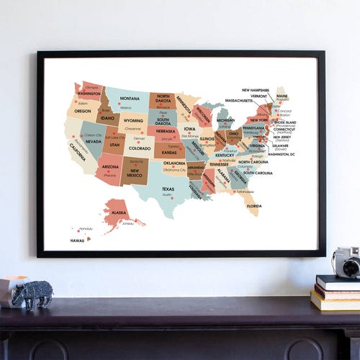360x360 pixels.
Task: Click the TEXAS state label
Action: (x=168, y=189)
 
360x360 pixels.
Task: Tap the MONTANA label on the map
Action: (x=130, y=99)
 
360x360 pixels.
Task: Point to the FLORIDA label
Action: (x=253, y=206)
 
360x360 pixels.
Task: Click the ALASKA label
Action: (x=119, y=213)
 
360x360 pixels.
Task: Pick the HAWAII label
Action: (x=77, y=240)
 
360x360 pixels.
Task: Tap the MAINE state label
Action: (x=282, y=96)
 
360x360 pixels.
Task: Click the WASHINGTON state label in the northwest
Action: (x=89, y=94)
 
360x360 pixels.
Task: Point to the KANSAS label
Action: (x=169, y=153)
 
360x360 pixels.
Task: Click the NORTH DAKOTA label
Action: (x=163, y=99)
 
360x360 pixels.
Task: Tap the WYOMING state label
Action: (x=133, y=121)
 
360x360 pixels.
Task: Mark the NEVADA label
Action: (x=94, y=141)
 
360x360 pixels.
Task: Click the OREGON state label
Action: (x=83, y=111)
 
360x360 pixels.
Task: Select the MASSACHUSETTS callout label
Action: (x=239, y=101)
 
